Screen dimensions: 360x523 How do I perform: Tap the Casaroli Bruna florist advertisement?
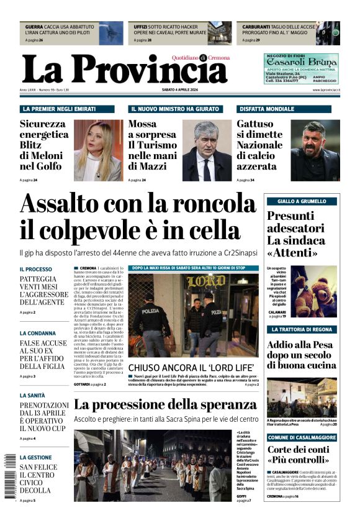coord(301,68)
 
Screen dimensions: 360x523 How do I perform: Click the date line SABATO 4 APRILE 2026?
coord(180,90)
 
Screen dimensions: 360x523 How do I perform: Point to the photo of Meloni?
coord(97,150)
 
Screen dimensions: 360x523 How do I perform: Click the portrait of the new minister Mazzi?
coord(207,150)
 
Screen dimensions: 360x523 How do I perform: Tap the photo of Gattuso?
coord(315,150)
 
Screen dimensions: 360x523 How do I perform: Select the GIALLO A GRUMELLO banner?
coord(302,201)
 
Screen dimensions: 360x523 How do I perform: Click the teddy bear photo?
coord(315,292)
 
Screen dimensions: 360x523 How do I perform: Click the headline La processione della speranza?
coord(166,404)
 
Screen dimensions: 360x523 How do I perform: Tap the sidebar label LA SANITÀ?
coord(32,395)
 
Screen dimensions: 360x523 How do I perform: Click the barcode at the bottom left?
coord(9,475)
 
